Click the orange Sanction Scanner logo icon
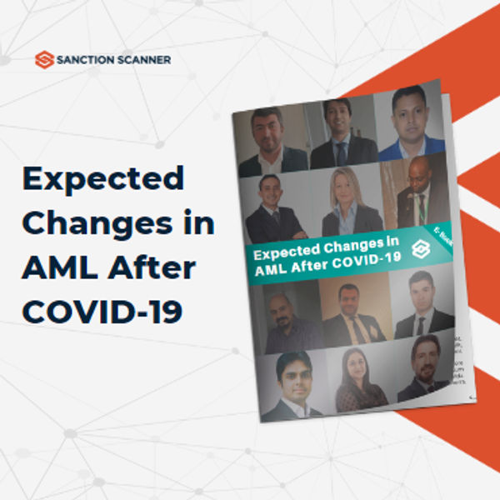[44, 59]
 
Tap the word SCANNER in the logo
[142, 60]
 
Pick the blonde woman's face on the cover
[347, 191]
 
